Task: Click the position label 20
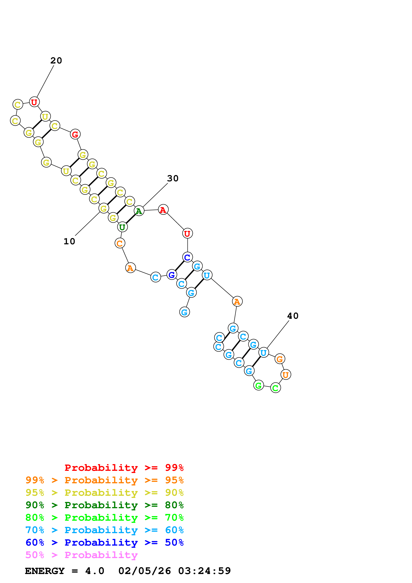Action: [56, 61]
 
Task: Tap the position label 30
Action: [173, 178]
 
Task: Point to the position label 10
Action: [69, 241]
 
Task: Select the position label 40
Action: [293, 316]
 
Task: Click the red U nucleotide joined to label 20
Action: [34, 102]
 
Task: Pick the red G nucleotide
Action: [75, 134]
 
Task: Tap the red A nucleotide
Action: [163, 210]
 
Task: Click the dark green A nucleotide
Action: [139, 211]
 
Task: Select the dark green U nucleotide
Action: [122, 227]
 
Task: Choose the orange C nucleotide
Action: [120, 243]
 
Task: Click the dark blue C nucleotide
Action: [187, 257]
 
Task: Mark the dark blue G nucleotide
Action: [172, 275]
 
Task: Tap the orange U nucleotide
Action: [286, 375]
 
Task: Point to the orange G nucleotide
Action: [280, 359]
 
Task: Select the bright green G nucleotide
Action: [258, 385]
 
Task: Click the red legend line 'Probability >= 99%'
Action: [124, 468]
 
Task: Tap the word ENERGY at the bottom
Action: [45, 571]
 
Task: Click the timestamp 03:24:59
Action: [204, 571]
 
